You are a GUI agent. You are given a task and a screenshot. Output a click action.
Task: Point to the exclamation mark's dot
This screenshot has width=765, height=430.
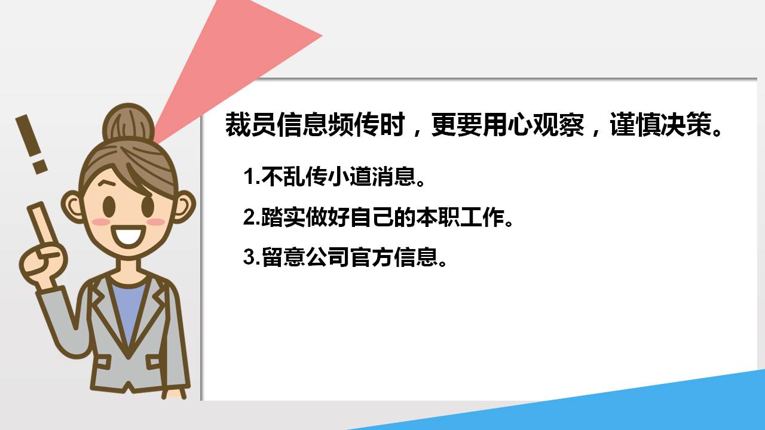tap(39, 165)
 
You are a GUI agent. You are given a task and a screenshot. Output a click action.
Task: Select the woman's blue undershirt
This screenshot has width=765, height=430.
tap(128, 311)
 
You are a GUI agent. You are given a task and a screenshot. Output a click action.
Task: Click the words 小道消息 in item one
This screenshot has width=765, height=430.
tap(371, 177)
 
